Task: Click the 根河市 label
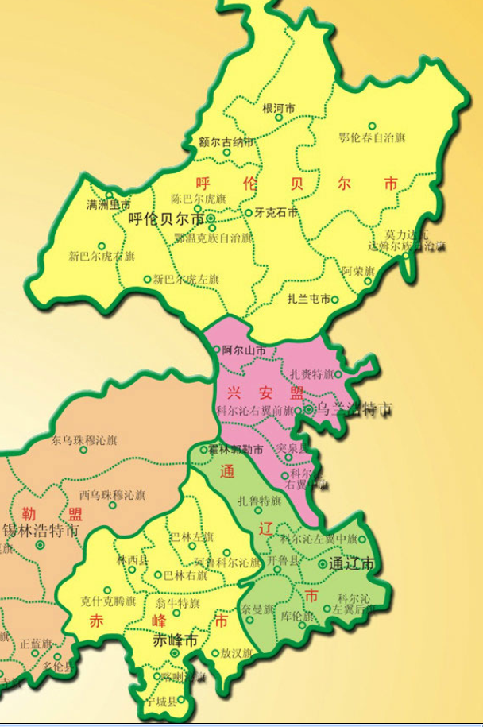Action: point(279,106)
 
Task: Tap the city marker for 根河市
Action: point(279,118)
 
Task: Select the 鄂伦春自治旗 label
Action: point(372,137)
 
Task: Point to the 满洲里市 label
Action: point(108,204)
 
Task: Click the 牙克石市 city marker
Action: point(249,213)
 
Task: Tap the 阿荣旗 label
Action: point(358,271)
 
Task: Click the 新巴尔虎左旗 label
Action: point(186,280)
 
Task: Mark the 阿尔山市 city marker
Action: point(217,350)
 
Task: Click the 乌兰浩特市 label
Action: point(354,410)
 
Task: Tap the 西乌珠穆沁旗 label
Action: point(112,494)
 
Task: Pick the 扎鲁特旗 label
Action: point(260,501)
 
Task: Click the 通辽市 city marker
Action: point(323,564)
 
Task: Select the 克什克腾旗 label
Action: point(109,601)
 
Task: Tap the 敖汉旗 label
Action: point(237,653)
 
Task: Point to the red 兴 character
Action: point(234,392)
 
